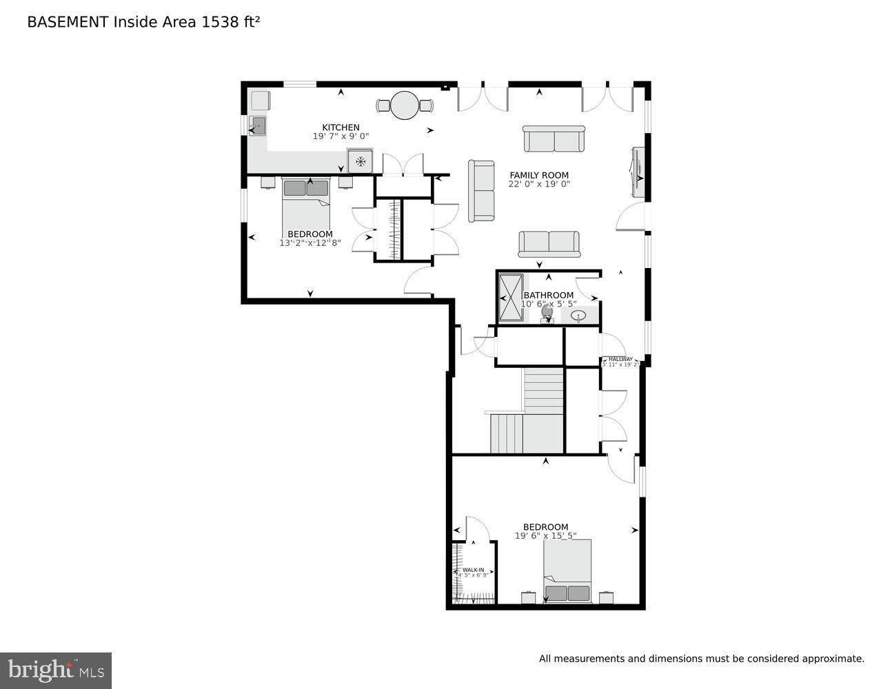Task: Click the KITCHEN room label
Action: coord(341,127)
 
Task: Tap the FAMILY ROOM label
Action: coord(539,175)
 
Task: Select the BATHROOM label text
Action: coord(548,296)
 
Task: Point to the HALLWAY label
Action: coord(620,359)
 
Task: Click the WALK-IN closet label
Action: coord(473,570)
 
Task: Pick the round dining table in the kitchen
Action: coord(405,105)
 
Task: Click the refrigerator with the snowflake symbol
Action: coord(359,161)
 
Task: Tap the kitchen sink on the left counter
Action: coord(258,126)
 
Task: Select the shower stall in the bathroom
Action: coord(511,298)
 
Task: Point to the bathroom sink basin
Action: coord(578,316)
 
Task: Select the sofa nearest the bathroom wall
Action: coord(549,243)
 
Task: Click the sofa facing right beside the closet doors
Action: coord(481,191)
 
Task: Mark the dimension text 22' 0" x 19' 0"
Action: coord(539,184)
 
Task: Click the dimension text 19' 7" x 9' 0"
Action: coord(341,136)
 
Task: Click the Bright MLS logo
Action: coord(56,670)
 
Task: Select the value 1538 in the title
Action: coord(218,22)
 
